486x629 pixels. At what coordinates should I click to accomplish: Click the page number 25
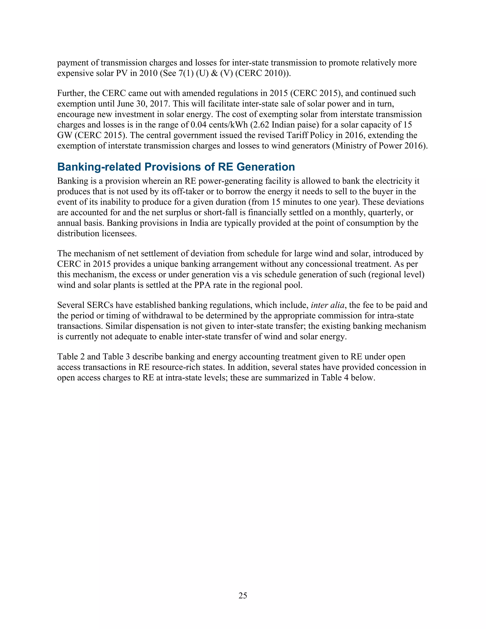click(243, 595)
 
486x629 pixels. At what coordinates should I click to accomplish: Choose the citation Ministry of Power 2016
click(379, 146)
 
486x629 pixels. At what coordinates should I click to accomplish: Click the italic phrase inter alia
click(327, 305)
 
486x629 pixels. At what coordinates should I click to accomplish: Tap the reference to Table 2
click(71, 357)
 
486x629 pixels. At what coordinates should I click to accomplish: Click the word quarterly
click(382, 212)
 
